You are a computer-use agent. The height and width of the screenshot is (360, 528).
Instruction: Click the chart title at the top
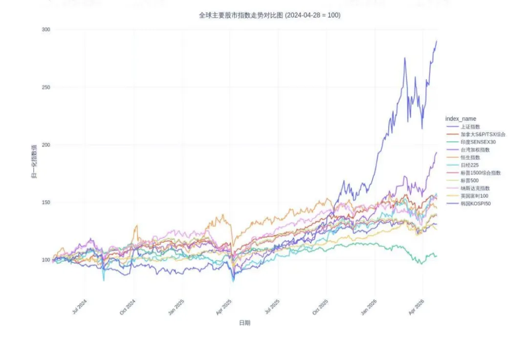click(x=269, y=15)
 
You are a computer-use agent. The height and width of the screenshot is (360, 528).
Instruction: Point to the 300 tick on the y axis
click(x=46, y=30)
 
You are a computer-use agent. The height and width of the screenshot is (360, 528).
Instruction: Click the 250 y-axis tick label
click(x=46, y=87)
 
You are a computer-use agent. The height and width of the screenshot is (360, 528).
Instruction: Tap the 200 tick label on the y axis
click(x=46, y=145)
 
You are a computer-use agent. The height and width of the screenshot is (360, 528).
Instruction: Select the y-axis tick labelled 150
click(x=46, y=202)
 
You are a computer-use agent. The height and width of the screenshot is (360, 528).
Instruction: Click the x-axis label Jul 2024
click(x=80, y=307)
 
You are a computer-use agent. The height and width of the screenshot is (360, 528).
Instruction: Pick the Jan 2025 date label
click(x=176, y=307)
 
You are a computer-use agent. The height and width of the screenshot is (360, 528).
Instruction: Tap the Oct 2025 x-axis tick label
click(x=320, y=307)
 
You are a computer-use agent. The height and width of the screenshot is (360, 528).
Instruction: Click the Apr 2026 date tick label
click(x=417, y=307)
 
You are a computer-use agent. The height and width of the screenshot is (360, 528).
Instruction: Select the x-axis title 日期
click(x=245, y=323)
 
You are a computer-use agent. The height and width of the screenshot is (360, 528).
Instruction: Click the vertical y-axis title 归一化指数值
click(x=34, y=161)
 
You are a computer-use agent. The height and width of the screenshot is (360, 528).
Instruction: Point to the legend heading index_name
click(x=461, y=118)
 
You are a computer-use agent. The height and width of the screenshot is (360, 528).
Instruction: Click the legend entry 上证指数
click(x=470, y=127)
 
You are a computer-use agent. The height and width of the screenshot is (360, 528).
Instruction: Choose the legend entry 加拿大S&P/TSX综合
click(x=483, y=135)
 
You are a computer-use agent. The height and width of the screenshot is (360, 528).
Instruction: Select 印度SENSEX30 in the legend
click(x=478, y=142)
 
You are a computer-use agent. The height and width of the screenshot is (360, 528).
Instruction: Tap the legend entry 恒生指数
click(x=470, y=157)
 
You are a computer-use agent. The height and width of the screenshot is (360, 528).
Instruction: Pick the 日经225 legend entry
click(x=470, y=165)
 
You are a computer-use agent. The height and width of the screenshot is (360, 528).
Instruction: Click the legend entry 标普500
click(x=470, y=180)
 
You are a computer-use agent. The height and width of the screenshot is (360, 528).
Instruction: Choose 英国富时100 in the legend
click(x=474, y=196)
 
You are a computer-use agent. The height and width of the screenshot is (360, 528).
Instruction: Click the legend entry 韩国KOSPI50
click(x=476, y=204)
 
